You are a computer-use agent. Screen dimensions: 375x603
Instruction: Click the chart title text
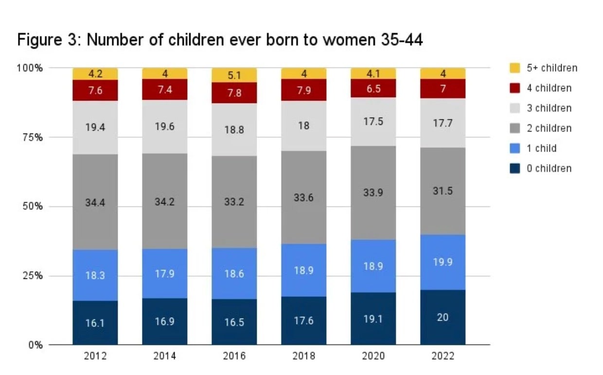pos(220,40)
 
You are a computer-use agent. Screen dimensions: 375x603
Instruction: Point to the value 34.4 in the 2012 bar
pos(95,203)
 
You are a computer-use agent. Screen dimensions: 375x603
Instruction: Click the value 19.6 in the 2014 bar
pos(164,126)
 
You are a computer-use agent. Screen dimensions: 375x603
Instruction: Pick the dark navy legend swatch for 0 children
pos(515,169)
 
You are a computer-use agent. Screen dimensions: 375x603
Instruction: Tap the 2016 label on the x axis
pos(234,356)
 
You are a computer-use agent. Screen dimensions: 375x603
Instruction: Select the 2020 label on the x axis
pos(373,356)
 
